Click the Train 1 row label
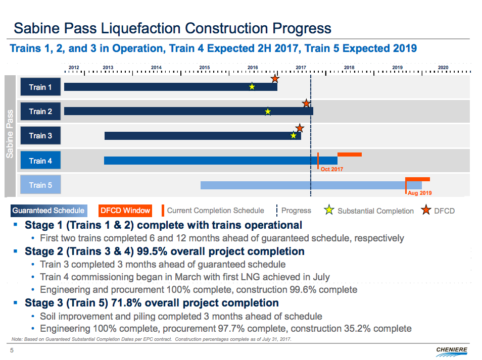click(x=40, y=87)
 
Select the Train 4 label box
click(x=40, y=161)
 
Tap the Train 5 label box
click(x=40, y=185)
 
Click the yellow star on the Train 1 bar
click(x=252, y=87)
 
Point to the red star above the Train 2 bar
click(x=306, y=104)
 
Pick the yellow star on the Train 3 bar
click(x=294, y=135)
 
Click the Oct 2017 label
click(x=331, y=169)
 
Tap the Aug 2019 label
click(x=420, y=193)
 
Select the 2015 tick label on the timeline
click(x=204, y=67)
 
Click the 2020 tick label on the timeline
click(x=443, y=67)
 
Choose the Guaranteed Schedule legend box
click(x=49, y=211)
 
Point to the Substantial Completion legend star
click(x=329, y=211)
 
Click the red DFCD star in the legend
click(x=426, y=211)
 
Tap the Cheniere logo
click(x=451, y=350)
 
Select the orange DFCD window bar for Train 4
click(x=349, y=154)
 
